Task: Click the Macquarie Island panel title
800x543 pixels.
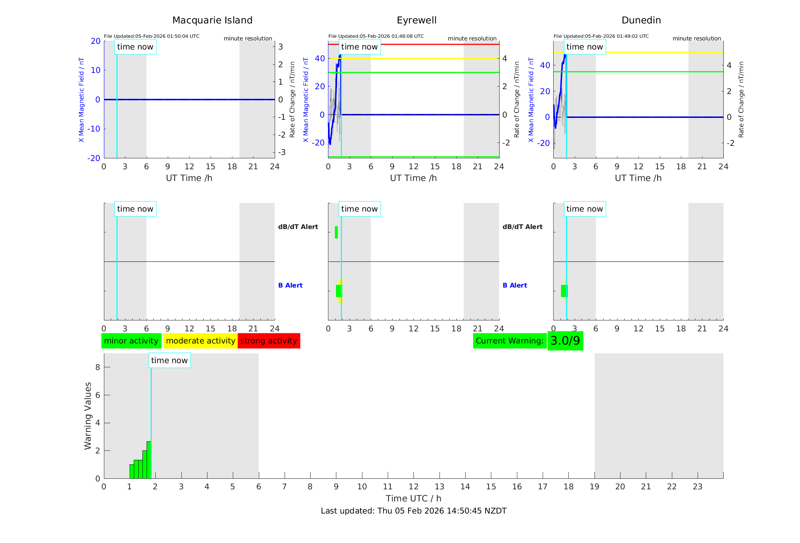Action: point(212,20)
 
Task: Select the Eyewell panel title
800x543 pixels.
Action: point(416,20)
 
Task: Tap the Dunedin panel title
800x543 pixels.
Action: point(641,20)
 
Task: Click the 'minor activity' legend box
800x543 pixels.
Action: point(131,341)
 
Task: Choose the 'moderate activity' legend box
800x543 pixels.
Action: point(200,341)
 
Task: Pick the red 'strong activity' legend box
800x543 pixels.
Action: point(269,341)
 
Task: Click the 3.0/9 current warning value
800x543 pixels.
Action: point(565,341)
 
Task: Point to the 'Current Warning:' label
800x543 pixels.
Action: point(509,341)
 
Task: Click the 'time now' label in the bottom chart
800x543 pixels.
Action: point(169,360)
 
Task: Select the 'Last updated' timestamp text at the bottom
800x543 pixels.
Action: point(413,511)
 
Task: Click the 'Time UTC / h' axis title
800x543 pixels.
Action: point(413,498)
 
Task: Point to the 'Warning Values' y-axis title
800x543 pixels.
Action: point(88,416)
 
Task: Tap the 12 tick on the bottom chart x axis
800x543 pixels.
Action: point(413,487)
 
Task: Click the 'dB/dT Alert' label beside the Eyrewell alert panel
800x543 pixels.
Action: point(522,227)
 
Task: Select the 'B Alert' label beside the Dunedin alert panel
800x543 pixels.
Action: point(515,285)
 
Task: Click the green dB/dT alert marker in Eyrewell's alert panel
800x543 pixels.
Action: point(336,232)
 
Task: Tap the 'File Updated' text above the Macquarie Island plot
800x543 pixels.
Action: point(152,36)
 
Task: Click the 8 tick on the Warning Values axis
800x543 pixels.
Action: point(98,367)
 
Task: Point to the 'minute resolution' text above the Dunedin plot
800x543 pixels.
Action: point(696,39)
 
